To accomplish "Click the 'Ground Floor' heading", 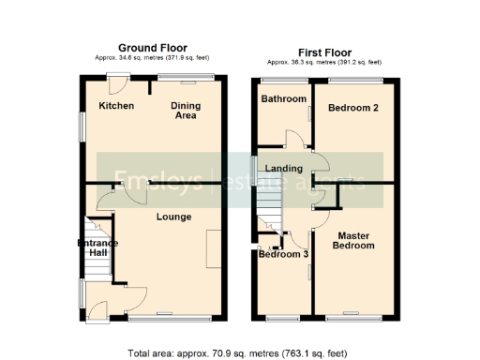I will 152,48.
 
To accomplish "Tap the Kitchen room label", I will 117,106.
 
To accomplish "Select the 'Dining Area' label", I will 185,111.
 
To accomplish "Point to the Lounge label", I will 173,217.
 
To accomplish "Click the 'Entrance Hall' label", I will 97,248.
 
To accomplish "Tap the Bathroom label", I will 283,99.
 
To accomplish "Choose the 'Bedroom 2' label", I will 352,108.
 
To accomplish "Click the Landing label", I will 284,169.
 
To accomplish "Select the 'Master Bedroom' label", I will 356,240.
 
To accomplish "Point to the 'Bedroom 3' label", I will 283,254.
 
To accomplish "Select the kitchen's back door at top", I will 118,82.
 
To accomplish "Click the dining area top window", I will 184,76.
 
